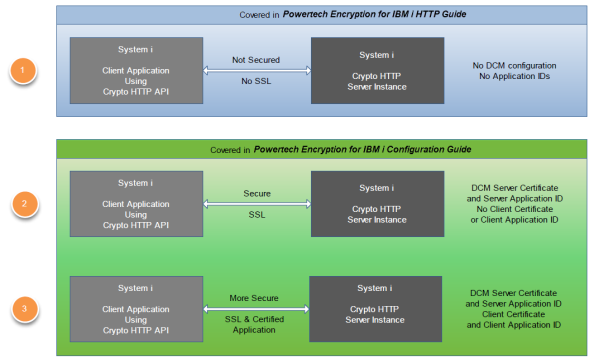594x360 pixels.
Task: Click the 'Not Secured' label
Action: click(256, 59)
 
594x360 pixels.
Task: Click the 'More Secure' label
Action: click(256, 296)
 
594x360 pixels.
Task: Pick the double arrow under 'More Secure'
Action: click(256, 309)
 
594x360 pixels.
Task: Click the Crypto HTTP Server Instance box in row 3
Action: click(377, 309)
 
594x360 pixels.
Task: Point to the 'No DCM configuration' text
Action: click(513, 65)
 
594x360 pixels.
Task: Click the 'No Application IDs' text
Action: click(513, 77)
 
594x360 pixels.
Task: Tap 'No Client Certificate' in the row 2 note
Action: click(515, 210)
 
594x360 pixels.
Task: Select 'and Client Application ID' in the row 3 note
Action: click(515, 325)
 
